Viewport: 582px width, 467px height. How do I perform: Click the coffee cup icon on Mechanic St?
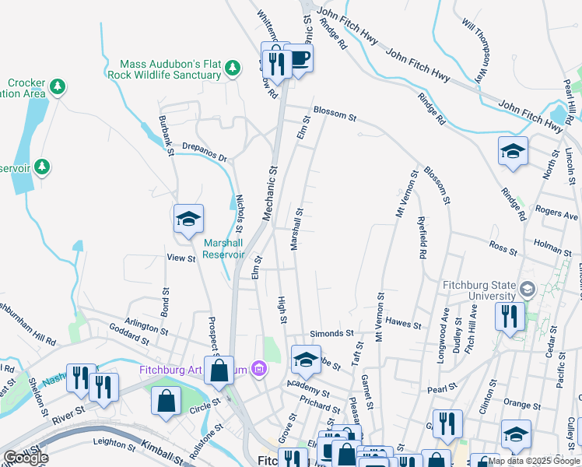(298, 58)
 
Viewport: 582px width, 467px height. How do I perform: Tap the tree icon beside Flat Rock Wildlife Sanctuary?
(232, 70)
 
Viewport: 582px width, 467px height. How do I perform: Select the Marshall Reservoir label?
(223, 248)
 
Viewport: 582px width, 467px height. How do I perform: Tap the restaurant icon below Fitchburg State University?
(510, 316)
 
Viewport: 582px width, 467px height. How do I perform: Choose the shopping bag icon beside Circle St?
(167, 400)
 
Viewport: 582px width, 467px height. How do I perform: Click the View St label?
(181, 258)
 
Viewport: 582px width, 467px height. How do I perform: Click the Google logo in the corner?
(26, 458)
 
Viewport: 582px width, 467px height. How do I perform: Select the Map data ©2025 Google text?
(533, 461)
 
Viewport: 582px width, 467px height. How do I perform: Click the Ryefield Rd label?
(422, 237)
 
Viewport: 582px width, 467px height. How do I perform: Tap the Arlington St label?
(146, 325)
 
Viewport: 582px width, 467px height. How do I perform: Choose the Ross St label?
(503, 248)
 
